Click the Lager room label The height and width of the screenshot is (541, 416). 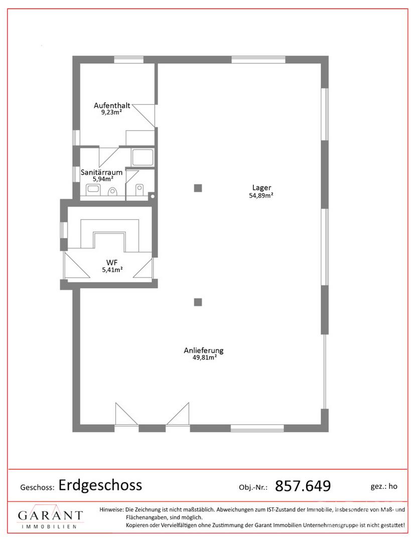tap(261, 188)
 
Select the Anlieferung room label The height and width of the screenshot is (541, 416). tap(204, 351)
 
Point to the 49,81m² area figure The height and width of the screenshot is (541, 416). tap(205, 358)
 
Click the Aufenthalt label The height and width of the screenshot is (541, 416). tap(112, 106)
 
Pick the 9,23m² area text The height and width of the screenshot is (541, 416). tap(111, 112)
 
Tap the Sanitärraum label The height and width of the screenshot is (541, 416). tap(101, 172)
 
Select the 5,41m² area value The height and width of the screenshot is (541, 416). tap(112, 270)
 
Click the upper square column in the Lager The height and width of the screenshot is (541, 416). tap(198, 188)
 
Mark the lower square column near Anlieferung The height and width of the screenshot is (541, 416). tap(198, 302)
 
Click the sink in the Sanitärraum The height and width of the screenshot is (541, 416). tap(93, 189)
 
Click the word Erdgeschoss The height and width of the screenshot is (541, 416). tap(100, 485)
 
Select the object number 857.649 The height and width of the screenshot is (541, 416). tap(303, 486)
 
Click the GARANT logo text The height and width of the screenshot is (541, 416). tap(51, 515)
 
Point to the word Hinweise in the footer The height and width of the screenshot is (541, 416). tap(111, 509)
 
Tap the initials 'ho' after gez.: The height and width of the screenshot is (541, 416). tap(393, 486)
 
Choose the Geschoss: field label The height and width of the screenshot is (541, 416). tap(37, 487)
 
